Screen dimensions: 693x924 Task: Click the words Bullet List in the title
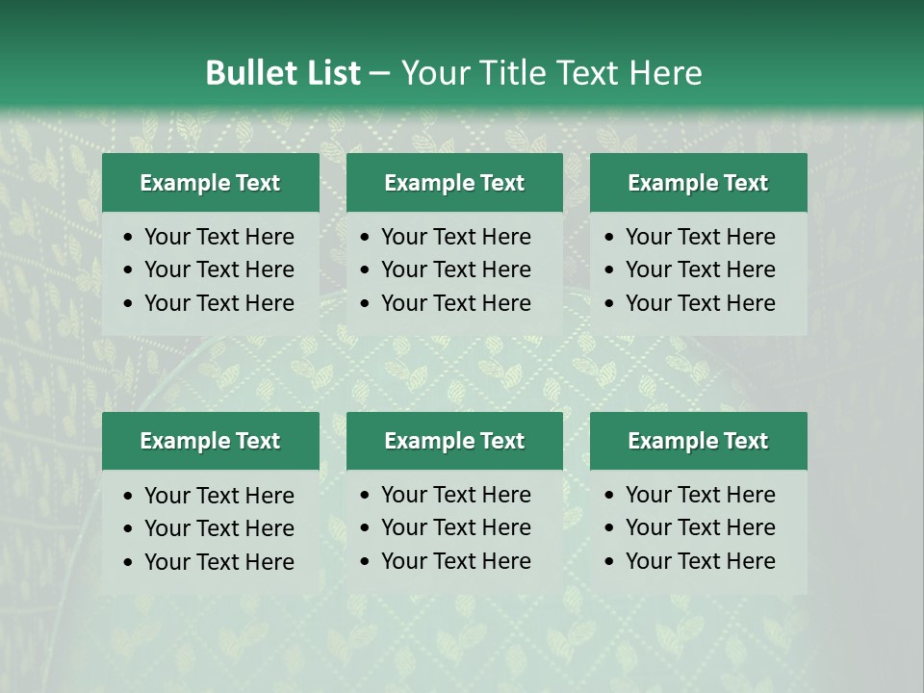(x=283, y=73)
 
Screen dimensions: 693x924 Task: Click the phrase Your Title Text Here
(x=551, y=73)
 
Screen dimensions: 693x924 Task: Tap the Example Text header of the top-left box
(x=210, y=183)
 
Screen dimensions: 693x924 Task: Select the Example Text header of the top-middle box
(x=454, y=183)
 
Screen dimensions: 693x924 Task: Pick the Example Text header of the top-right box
(x=698, y=183)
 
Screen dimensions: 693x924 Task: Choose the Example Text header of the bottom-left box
(x=210, y=441)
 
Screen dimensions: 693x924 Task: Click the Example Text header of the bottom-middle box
(x=454, y=441)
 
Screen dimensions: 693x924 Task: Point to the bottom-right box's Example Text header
(x=698, y=441)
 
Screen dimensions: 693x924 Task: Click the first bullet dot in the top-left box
(x=129, y=238)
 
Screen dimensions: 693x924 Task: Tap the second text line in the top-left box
(x=218, y=269)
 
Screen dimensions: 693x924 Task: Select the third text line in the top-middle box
(x=455, y=303)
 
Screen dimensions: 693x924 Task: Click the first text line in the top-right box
(x=700, y=237)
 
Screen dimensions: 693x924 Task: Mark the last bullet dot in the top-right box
(x=610, y=304)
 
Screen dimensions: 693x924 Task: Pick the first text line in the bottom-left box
(x=218, y=496)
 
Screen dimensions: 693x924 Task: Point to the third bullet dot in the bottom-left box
(x=129, y=563)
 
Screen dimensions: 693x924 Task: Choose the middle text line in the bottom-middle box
(x=455, y=527)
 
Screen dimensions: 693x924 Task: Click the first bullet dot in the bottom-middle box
(x=366, y=496)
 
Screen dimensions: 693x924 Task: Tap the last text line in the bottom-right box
(x=700, y=561)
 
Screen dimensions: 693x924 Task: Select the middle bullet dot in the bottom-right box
(x=610, y=528)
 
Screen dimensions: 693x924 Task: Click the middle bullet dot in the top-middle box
(x=366, y=270)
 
